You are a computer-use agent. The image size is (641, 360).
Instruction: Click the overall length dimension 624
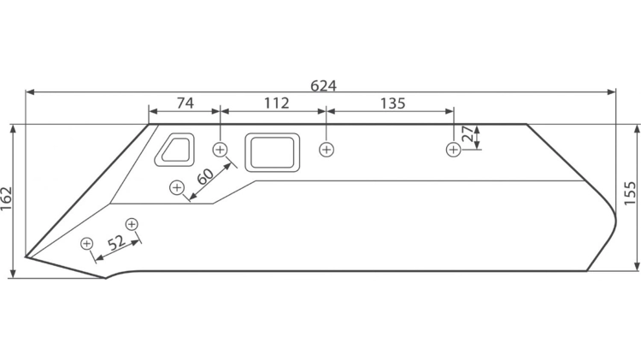point(323,86)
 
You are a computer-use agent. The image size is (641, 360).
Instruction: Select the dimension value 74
point(185,103)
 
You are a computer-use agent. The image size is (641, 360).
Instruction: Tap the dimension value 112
point(276,103)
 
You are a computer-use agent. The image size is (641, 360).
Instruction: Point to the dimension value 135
point(392,103)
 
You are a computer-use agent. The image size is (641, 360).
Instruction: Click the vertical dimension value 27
point(468,133)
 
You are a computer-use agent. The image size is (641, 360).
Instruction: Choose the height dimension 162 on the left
point(6,199)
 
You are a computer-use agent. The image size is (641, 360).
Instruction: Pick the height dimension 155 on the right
point(631,193)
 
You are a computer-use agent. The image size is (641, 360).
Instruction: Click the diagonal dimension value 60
point(205,176)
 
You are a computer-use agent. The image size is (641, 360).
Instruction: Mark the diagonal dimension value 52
point(117,243)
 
